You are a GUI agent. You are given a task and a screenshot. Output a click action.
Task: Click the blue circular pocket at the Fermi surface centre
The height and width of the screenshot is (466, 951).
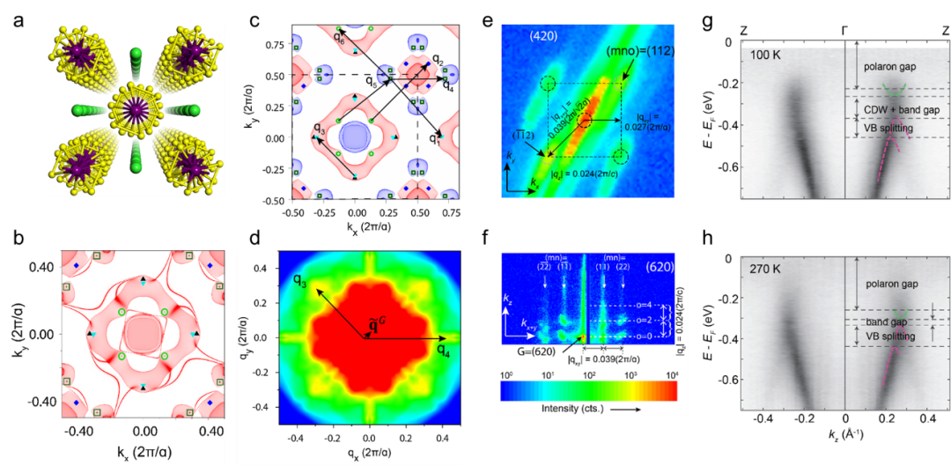click(x=356, y=138)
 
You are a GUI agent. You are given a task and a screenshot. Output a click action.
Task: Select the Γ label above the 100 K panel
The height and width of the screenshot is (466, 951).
click(x=844, y=28)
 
